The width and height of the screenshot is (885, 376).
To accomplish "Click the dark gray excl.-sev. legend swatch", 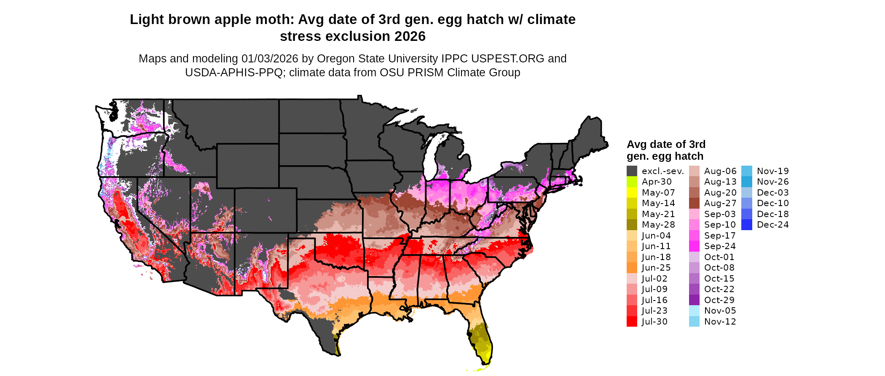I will click(632, 171).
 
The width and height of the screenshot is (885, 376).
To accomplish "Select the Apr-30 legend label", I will click(657, 182).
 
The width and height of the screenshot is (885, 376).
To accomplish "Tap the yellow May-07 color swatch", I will click(632, 193).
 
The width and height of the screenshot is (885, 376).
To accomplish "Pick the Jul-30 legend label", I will click(654, 322).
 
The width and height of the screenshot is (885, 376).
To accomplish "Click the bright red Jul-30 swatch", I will click(632, 322).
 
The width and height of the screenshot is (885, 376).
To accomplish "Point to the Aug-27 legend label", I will click(720, 203).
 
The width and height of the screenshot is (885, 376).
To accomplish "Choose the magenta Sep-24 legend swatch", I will click(694, 246).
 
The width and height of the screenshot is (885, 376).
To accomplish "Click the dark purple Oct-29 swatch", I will click(694, 300).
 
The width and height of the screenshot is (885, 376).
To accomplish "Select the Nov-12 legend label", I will click(720, 322).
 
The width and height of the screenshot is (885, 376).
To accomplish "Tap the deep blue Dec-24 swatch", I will click(746, 225).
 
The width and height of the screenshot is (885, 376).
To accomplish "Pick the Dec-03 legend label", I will click(772, 193).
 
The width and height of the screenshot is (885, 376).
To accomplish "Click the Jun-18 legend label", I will click(656, 257).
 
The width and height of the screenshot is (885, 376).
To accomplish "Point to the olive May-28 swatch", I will click(632, 225).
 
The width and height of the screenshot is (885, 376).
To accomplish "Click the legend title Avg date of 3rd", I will click(666, 144).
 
